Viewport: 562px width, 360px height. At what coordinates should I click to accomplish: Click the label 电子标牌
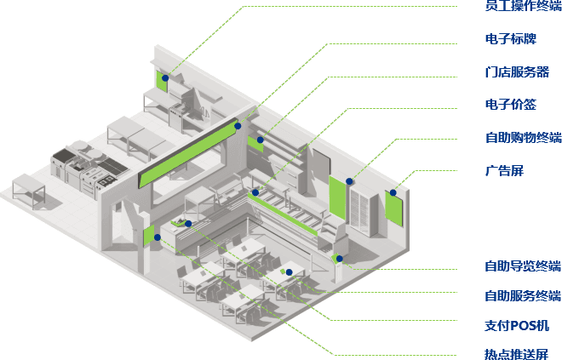tap(510, 38)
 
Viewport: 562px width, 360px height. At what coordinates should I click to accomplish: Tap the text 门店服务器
tap(517, 72)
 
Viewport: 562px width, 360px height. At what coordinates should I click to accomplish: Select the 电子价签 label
tap(510, 104)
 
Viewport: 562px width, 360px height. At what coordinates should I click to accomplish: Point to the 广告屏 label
tap(504, 170)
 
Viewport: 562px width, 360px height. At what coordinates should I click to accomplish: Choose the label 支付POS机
tap(517, 326)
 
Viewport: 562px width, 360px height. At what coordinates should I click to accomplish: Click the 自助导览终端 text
tap(523, 266)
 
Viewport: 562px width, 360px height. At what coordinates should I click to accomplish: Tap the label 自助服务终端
tap(523, 296)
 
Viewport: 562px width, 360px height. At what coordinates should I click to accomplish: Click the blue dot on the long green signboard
tap(238, 126)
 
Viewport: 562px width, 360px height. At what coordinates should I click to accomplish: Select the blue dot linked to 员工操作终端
tap(165, 77)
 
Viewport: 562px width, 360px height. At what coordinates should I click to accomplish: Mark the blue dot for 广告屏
tap(393, 192)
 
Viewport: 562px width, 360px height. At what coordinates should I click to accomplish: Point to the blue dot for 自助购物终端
tap(349, 181)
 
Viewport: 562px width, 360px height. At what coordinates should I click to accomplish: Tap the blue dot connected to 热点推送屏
tap(158, 237)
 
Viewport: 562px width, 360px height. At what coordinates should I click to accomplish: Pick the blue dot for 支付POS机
tap(188, 224)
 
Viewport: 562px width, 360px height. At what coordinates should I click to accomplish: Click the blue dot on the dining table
tap(290, 272)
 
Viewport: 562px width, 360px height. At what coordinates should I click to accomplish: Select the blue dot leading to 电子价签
tap(255, 192)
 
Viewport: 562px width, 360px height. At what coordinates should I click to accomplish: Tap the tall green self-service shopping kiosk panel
tap(337, 197)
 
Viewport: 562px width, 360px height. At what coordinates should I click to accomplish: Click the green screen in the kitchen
tap(162, 82)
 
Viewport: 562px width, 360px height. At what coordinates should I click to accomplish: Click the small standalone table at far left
tap(29, 190)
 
